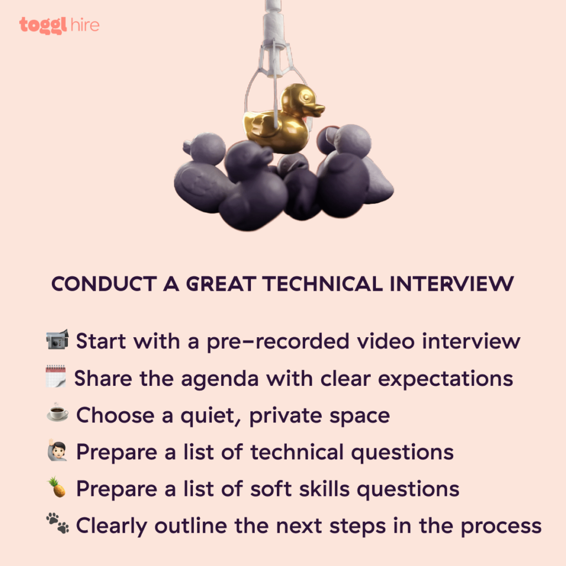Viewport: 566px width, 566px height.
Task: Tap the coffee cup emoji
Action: [x=57, y=415]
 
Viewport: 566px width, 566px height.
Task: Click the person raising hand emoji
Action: [x=57, y=452]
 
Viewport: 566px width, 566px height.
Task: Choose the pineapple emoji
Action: [x=57, y=489]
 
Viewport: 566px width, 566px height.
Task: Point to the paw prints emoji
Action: [x=57, y=526]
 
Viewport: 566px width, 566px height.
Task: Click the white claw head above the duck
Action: [x=274, y=58]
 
